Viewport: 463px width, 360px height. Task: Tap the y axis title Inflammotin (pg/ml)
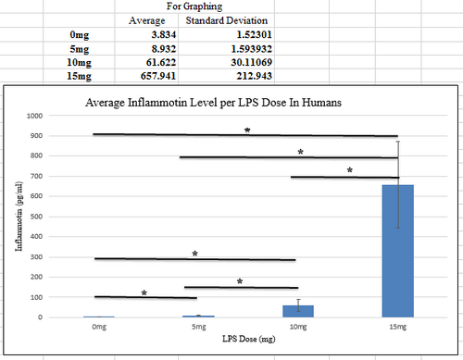tap(19, 217)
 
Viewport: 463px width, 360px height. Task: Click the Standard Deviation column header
tap(220, 19)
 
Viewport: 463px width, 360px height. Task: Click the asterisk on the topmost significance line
tap(247, 130)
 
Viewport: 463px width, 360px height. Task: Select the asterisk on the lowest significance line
tap(144, 292)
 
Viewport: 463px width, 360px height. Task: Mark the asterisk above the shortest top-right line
tap(350, 170)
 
